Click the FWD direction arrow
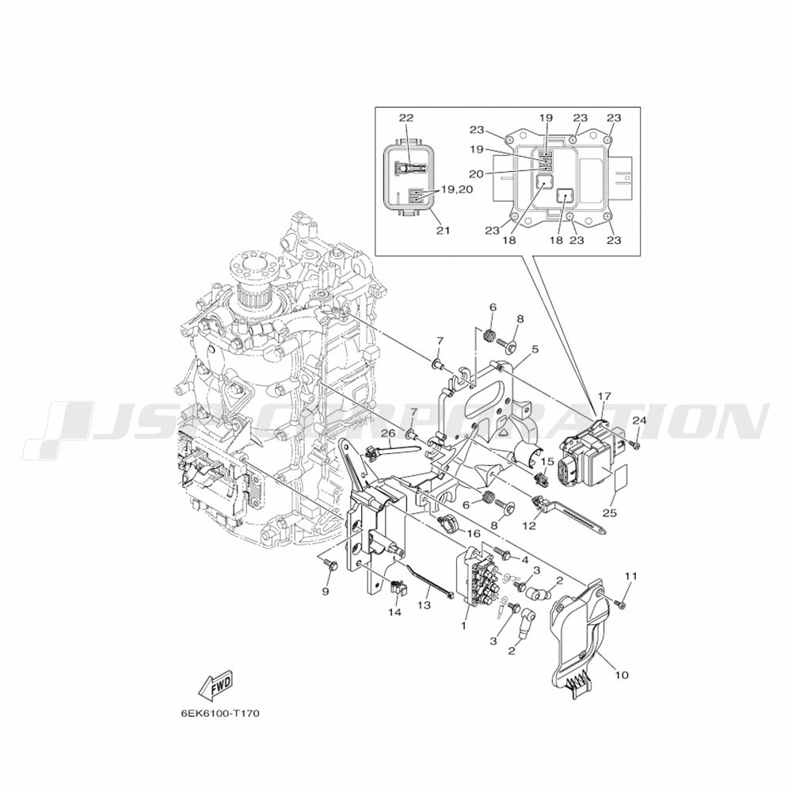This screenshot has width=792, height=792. pyautogui.click(x=215, y=685)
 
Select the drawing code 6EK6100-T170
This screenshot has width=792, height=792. pyautogui.click(x=220, y=714)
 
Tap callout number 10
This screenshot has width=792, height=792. pyautogui.click(x=622, y=674)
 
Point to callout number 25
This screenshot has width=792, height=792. pyautogui.click(x=610, y=512)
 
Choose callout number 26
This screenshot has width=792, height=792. pyautogui.click(x=388, y=433)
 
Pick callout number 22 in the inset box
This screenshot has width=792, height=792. pyautogui.click(x=406, y=118)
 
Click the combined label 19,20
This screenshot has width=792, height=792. pyautogui.click(x=458, y=189)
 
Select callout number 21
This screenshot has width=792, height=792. pyautogui.click(x=443, y=230)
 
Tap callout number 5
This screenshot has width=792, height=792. pyautogui.click(x=535, y=349)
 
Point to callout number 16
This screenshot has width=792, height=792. pyautogui.click(x=474, y=533)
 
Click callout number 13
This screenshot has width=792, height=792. pyautogui.click(x=425, y=604)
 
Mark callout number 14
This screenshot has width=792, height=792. pyautogui.click(x=394, y=612)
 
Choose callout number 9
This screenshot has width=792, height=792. pyautogui.click(x=326, y=591)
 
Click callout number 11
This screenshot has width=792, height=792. pyautogui.click(x=631, y=576)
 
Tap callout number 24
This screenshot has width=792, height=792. pyautogui.click(x=639, y=421)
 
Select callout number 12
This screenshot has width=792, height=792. pyautogui.click(x=529, y=525)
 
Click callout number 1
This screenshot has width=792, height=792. pyautogui.click(x=463, y=626)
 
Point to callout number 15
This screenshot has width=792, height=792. pyautogui.click(x=547, y=462)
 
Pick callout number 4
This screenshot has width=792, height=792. pyautogui.click(x=525, y=560)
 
